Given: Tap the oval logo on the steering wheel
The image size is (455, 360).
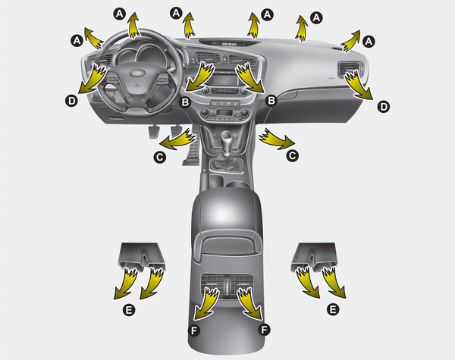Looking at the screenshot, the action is click(137, 73).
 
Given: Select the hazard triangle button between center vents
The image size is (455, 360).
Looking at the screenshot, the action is click(225, 59).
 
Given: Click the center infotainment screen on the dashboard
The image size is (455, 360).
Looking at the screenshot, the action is click(224, 79).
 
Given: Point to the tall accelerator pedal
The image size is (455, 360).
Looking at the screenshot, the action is click(190, 150).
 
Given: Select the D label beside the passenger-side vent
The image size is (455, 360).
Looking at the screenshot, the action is click(383, 107).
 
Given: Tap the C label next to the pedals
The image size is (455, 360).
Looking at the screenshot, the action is click(159, 157).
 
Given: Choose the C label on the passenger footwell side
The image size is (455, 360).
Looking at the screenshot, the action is click(292, 156).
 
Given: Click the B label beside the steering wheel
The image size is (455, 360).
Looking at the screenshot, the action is click(185, 102).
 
